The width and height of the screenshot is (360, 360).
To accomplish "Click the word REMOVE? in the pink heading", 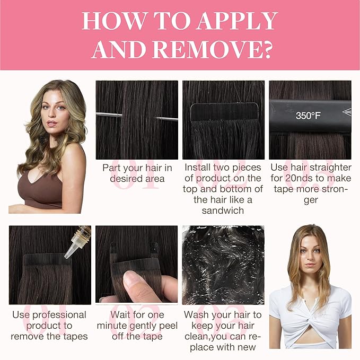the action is pos(213,49).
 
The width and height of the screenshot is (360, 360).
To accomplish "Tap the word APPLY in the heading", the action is pos(238,21).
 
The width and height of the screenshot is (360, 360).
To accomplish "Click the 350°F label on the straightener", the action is pos(308,116).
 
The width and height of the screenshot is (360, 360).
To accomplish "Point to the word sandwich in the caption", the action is pos(223,210).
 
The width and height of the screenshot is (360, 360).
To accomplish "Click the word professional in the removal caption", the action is pos(59,315).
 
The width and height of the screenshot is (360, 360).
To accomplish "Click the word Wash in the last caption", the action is pos(197,314).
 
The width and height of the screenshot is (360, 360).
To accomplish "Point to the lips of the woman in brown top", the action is pos(51,124).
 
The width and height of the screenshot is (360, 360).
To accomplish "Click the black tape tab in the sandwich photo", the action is pos(225,112).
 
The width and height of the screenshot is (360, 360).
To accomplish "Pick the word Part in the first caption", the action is pos(110,168).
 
